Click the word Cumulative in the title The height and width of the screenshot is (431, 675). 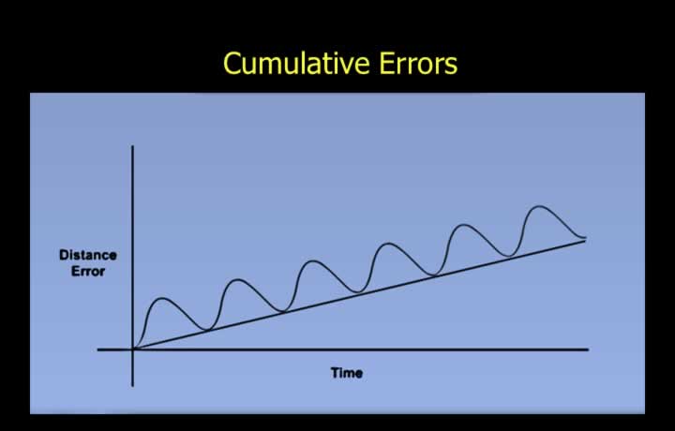click(x=296, y=63)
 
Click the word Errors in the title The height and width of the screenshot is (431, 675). click(x=418, y=63)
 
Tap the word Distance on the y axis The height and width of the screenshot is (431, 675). click(x=88, y=255)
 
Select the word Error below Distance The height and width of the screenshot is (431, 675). click(x=88, y=272)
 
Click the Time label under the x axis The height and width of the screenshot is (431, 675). click(x=347, y=373)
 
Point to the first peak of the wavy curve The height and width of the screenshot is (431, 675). click(x=163, y=298)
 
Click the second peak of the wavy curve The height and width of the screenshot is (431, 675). click(x=238, y=279)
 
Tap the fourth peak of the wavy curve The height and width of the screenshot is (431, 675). click(x=388, y=244)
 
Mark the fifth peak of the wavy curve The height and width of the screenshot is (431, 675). click(x=464, y=225)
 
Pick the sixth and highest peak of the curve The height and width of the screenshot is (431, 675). click(x=539, y=206)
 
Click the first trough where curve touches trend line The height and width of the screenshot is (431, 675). click(x=207, y=330)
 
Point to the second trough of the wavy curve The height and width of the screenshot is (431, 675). click(x=283, y=311)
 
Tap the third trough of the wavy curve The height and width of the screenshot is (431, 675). click(x=358, y=292)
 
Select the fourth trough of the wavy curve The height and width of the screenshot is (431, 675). click(x=433, y=275)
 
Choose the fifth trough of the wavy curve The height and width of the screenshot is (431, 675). click(x=509, y=256)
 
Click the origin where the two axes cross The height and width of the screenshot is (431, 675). click(x=132, y=349)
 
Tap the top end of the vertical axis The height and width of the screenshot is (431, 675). click(x=132, y=146)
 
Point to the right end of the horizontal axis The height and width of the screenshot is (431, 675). click(x=588, y=349)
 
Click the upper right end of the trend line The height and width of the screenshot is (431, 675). click(x=585, y=241)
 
